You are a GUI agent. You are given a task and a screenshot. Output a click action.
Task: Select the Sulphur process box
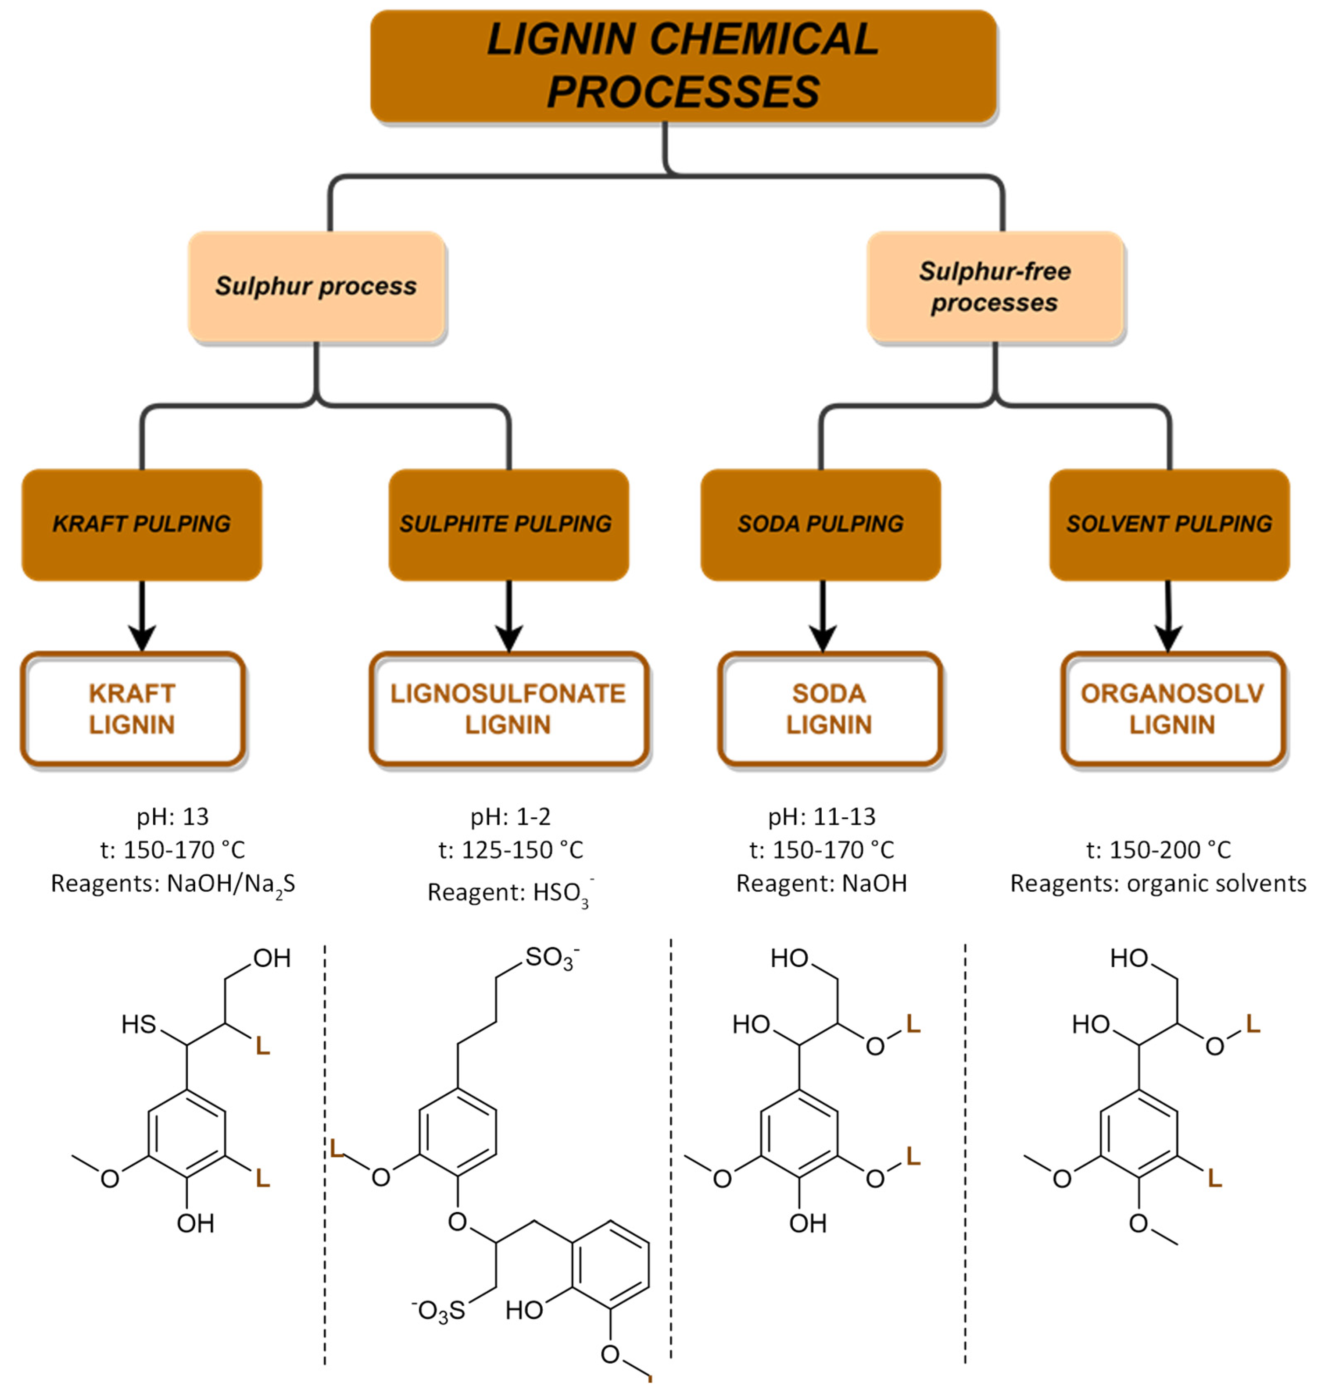point(316,286)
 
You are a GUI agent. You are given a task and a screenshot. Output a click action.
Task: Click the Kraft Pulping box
point(142,524)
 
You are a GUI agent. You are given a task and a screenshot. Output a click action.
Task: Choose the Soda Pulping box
point(820,524)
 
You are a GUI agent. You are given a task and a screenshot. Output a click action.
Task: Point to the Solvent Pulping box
point(1169,524)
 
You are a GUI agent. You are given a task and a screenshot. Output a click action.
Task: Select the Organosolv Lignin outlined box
point(1172,709)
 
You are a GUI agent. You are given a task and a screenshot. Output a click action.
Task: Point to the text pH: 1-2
point(511,816)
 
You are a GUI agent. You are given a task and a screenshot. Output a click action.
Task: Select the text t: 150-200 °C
point(1158,850)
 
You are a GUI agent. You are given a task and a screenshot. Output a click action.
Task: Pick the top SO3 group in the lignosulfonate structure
point(551,958)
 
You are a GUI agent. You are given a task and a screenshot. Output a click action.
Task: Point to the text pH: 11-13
point(822,816)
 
